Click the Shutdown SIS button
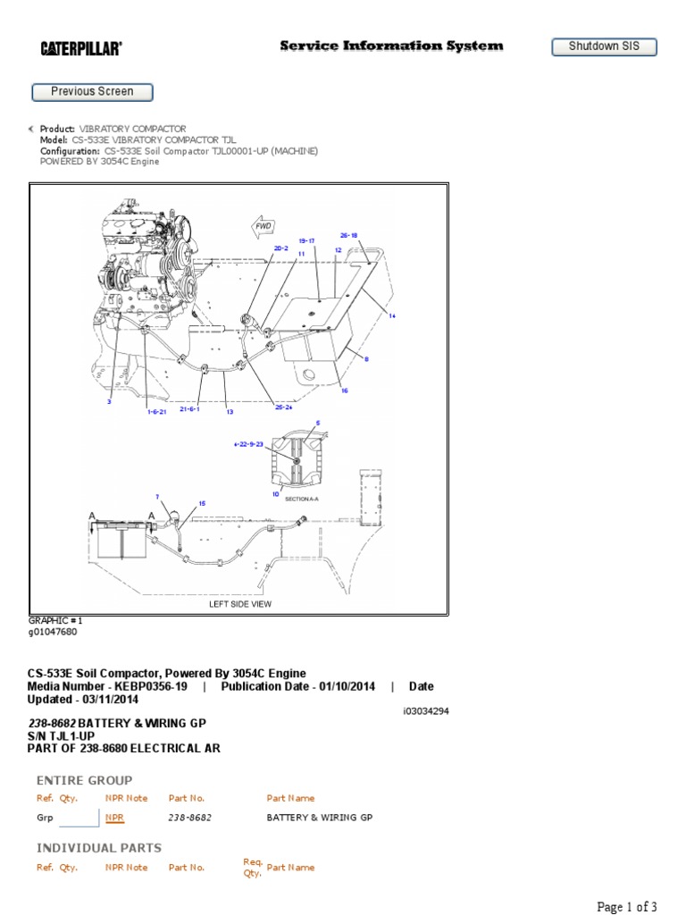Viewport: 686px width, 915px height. coord(604,46)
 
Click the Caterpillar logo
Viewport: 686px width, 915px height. coord(80,48)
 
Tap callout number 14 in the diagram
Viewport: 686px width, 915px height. coord(391,315)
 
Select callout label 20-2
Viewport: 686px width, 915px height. coord(280,248)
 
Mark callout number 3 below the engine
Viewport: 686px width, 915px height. coord(110,402)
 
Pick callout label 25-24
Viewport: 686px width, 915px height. coord(284,407)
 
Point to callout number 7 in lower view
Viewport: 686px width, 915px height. coord(157,496)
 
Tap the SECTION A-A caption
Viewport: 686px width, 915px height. coord(302,499)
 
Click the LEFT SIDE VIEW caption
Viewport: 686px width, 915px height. coord(240,604)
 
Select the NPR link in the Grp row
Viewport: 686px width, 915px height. coord(113,818)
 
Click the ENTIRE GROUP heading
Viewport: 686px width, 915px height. coord(84,780)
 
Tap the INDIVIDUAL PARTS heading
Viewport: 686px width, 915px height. coord(99,847)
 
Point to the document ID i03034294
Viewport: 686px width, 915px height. coord(424,711)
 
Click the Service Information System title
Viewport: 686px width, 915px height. coord(391,46)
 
